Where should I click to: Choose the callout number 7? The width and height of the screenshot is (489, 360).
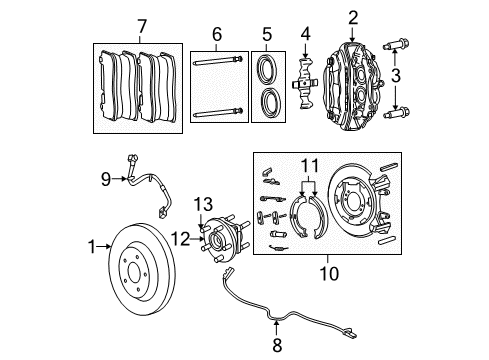pyautogui.click(x=141, y=24)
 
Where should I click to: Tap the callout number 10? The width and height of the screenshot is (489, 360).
pyautogui.click(x=328, y=270)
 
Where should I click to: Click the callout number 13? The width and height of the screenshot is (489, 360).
pyautogui.click(x=204, y=204)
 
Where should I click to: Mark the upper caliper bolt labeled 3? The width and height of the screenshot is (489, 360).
pyautogui.click(x=402, y=44)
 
